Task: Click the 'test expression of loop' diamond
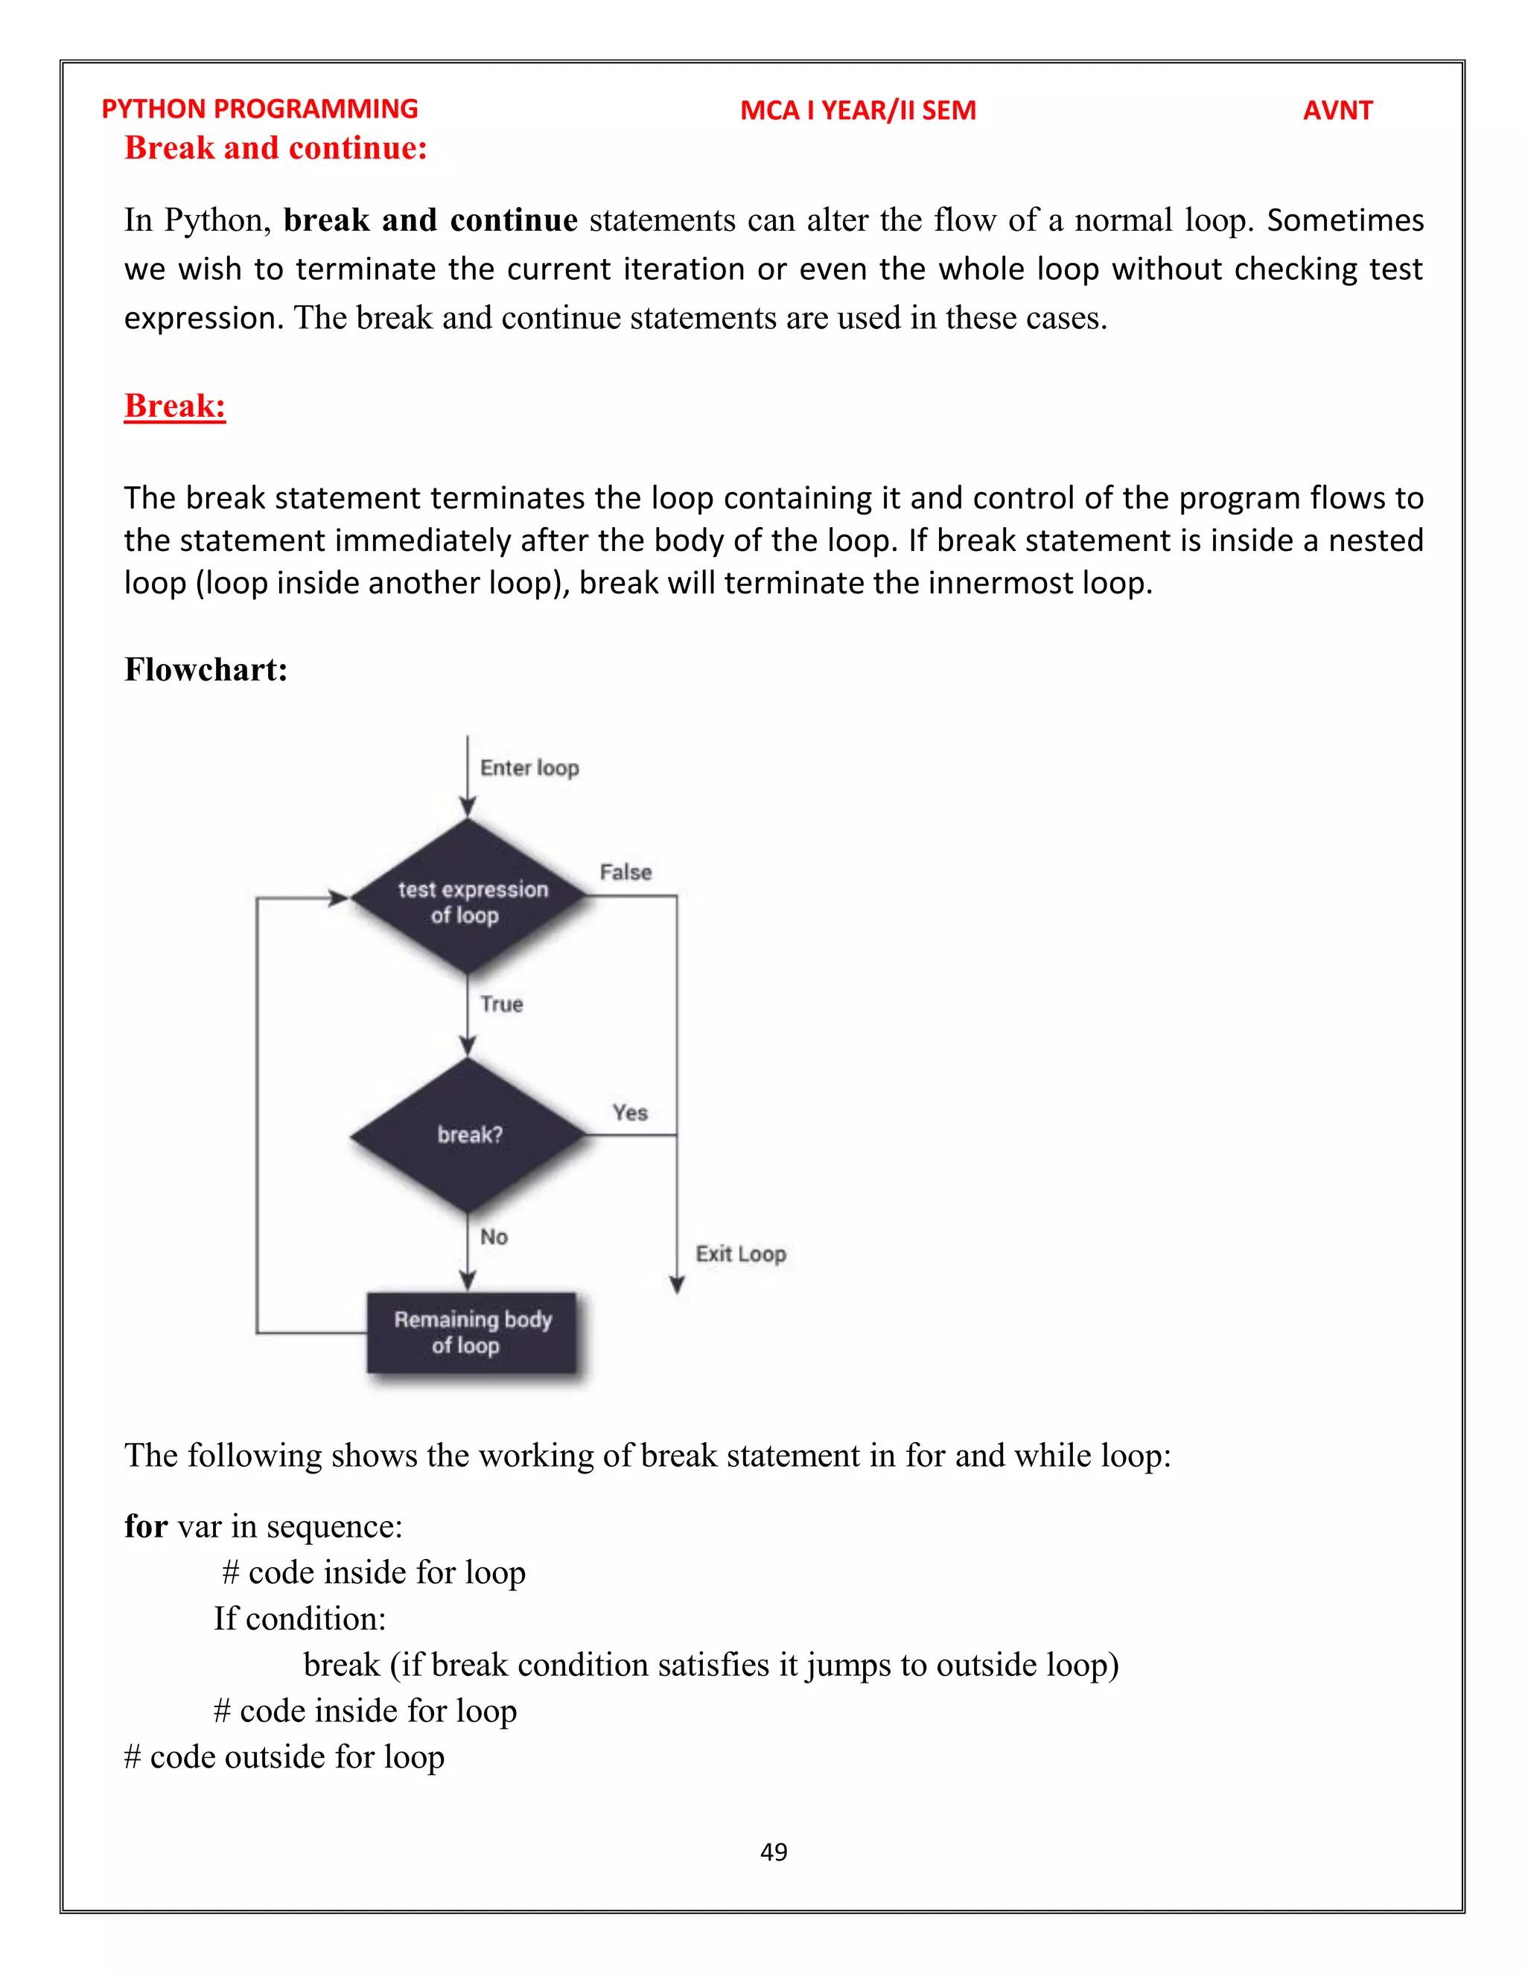pos(469,898)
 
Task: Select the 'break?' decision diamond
pos(469,1135)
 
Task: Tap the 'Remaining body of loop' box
pos(471,1333)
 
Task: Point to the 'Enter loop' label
pos(529,768)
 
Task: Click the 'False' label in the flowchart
pos(625,872)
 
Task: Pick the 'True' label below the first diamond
pos(501,1004)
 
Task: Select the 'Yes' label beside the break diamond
pos(630,1112)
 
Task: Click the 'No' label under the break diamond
pos(493,1237)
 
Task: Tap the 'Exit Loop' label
pos(741,1254)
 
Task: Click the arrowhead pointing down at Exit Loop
pos(677,1284)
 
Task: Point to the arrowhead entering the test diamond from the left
pos(338,898)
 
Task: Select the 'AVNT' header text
pos(1337,110)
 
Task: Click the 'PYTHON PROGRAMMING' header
pos(260,109)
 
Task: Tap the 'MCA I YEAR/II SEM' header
pos(857,110)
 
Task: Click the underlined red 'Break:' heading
pos(175,406)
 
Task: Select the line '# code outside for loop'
pos(284,1757)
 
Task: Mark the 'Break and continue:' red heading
pos(276,147)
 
